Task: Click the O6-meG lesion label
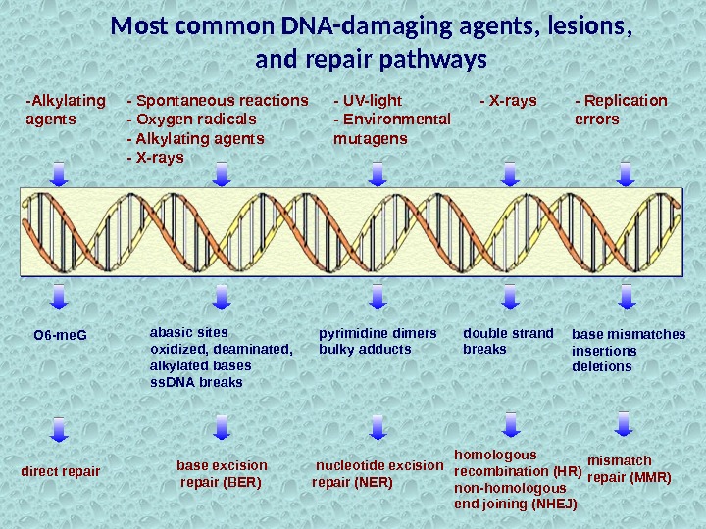click(x=60, y=336)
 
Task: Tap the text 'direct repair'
click(x=61, y=471)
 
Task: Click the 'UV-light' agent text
click(x=372, y=100)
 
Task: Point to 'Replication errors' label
click(x=620, y=109)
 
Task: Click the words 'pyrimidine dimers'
click(x=378, y=332)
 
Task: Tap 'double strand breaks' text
click(x=508, y=340)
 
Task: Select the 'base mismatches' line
click(x=629, y=334)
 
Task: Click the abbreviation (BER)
click(x=242, y=482)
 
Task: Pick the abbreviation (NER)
click(x=373, y=482)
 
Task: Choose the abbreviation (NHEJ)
click(x=553, y=505)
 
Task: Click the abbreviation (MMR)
click(x=649, y=478)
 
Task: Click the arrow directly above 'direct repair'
click(x=59, y=429)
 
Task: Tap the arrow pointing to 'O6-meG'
click(x=59, y=296)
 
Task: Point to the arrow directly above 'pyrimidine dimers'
click(x=377, y=296)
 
